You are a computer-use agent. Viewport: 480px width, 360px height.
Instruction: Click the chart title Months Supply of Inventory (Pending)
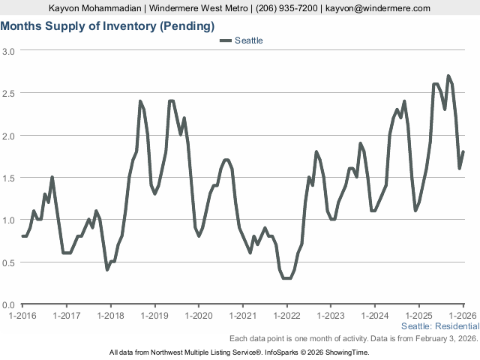107,25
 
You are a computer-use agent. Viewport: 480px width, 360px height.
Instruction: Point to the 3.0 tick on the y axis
9,51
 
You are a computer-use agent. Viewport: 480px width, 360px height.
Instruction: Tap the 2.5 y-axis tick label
9,93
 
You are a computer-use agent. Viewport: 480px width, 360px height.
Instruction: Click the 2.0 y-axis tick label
9,136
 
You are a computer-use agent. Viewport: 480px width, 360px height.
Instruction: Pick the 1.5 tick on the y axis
9,178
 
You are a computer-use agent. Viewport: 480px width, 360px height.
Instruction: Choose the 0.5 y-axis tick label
9,262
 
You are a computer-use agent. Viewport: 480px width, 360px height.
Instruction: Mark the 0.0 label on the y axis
9,304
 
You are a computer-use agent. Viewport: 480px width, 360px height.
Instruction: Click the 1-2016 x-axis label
22,316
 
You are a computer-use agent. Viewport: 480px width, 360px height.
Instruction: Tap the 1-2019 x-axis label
154,316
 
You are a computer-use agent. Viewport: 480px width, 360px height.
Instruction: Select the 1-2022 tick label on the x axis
286,316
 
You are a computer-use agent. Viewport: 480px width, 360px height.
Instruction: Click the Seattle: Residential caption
440,327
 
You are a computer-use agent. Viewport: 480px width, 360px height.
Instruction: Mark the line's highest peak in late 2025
448,76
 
